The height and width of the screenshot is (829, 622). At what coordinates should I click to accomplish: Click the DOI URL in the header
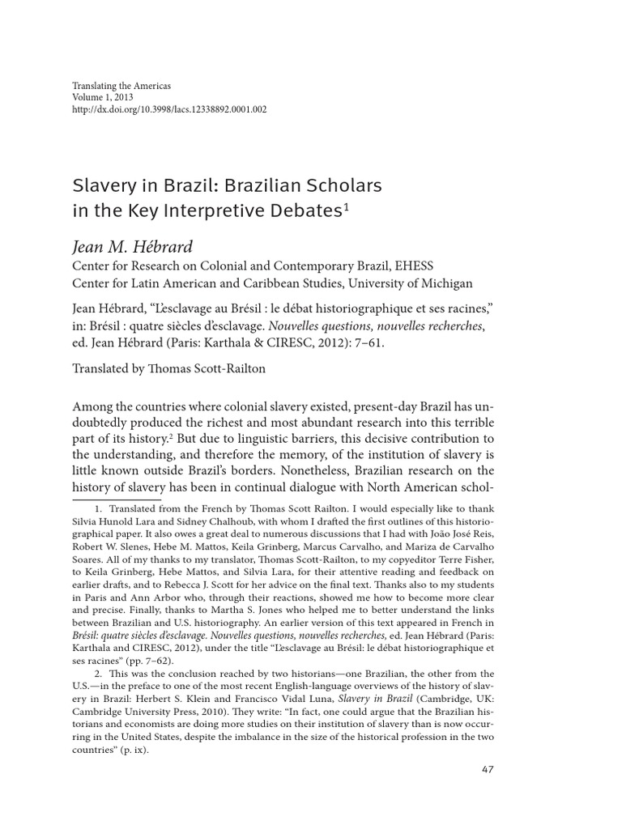coord(169,108)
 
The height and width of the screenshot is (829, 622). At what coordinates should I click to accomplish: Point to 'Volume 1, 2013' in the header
coord(103,96)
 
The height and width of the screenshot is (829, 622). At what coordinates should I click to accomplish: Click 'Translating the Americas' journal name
coord(121,85)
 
